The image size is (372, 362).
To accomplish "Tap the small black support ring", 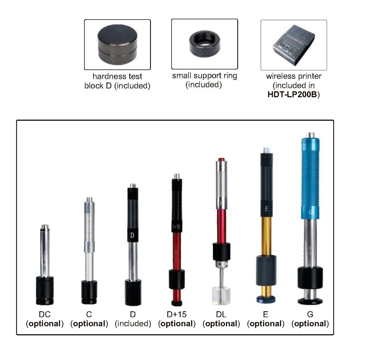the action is tap(204, 44).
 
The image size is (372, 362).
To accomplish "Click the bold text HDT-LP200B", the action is tap(292, 95).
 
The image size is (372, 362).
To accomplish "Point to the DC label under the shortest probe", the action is tap(45, 314).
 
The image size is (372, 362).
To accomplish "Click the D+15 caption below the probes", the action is tap(176, 314).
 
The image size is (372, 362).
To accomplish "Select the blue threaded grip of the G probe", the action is tap(310, 178).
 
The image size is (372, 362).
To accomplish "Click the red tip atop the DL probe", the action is tap(221, 160).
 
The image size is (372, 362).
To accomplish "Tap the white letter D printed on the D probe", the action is tap(132, 235).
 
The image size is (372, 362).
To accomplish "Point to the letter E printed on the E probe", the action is tap(267, 209).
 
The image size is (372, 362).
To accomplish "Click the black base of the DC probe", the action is tap(45, 290).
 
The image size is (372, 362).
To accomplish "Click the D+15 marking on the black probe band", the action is tap(176, 227).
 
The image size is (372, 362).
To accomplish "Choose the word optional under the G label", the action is tap(310, 323).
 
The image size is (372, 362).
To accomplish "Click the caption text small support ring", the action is tap(204, 76).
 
